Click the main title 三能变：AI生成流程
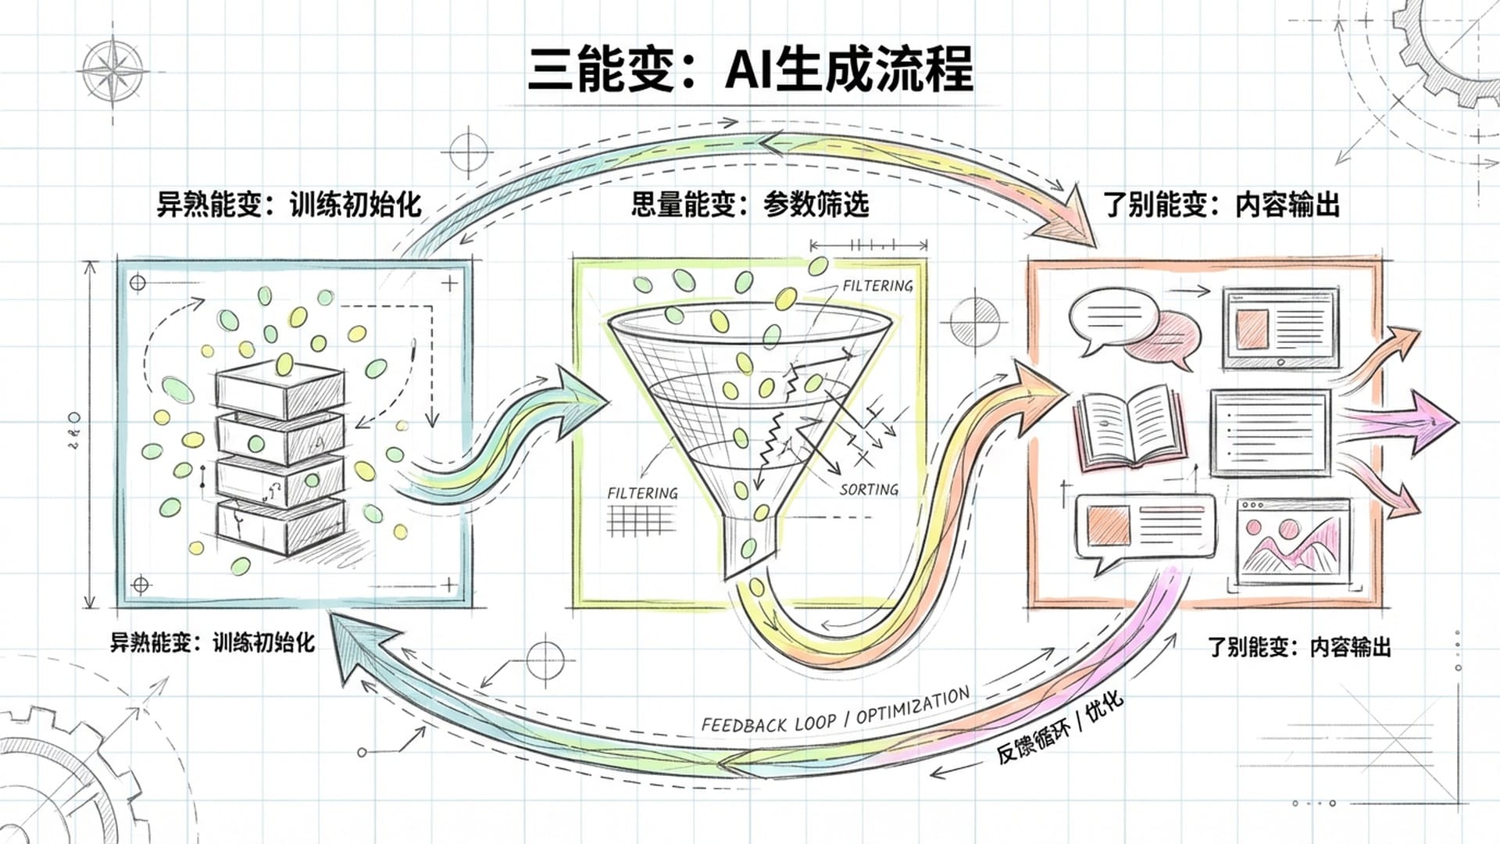pos(751,69)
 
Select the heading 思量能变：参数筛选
pos(749,205)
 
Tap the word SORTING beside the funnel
pos(869,490)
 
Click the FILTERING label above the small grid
pos(642,493)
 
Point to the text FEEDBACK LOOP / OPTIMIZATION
pos(834,711)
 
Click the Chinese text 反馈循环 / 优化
pos(1059,728)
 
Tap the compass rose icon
pos(114,70)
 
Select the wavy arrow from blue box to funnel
pos(508,438)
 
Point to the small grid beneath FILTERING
pos(641,520)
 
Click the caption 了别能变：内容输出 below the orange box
pos(1298,647)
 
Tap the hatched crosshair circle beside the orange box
pos(975,320)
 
